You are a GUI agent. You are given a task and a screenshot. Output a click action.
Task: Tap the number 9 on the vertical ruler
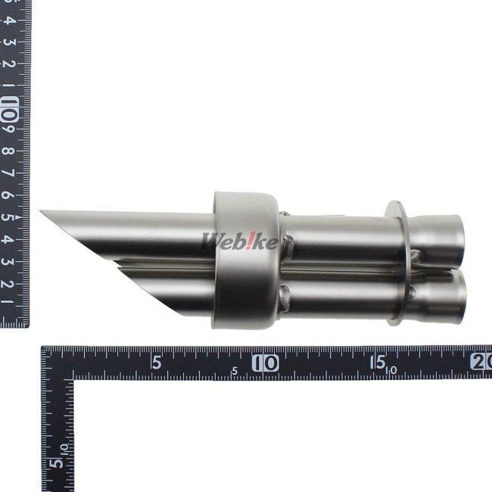click(x=9, y=129)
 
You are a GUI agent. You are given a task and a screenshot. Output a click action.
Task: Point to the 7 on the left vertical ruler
click(x=9, y=173)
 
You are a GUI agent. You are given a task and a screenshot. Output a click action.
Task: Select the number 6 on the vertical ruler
click(x=9, y=195)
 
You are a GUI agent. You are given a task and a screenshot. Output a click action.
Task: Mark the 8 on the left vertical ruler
click(x=9, y=151)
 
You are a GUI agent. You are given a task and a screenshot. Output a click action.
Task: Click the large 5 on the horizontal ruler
click(x=156, y=362)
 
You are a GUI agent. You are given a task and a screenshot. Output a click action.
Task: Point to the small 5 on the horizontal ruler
click(x=235, y=371)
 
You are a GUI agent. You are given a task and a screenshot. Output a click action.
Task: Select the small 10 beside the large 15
click(x=392, y=370)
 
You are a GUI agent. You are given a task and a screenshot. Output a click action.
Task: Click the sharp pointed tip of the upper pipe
click(x=42, y=212)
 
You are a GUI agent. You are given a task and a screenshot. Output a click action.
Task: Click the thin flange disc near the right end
click(x=397, y=261)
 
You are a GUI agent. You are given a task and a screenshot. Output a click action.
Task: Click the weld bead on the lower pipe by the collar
click(x=285, y=297)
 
